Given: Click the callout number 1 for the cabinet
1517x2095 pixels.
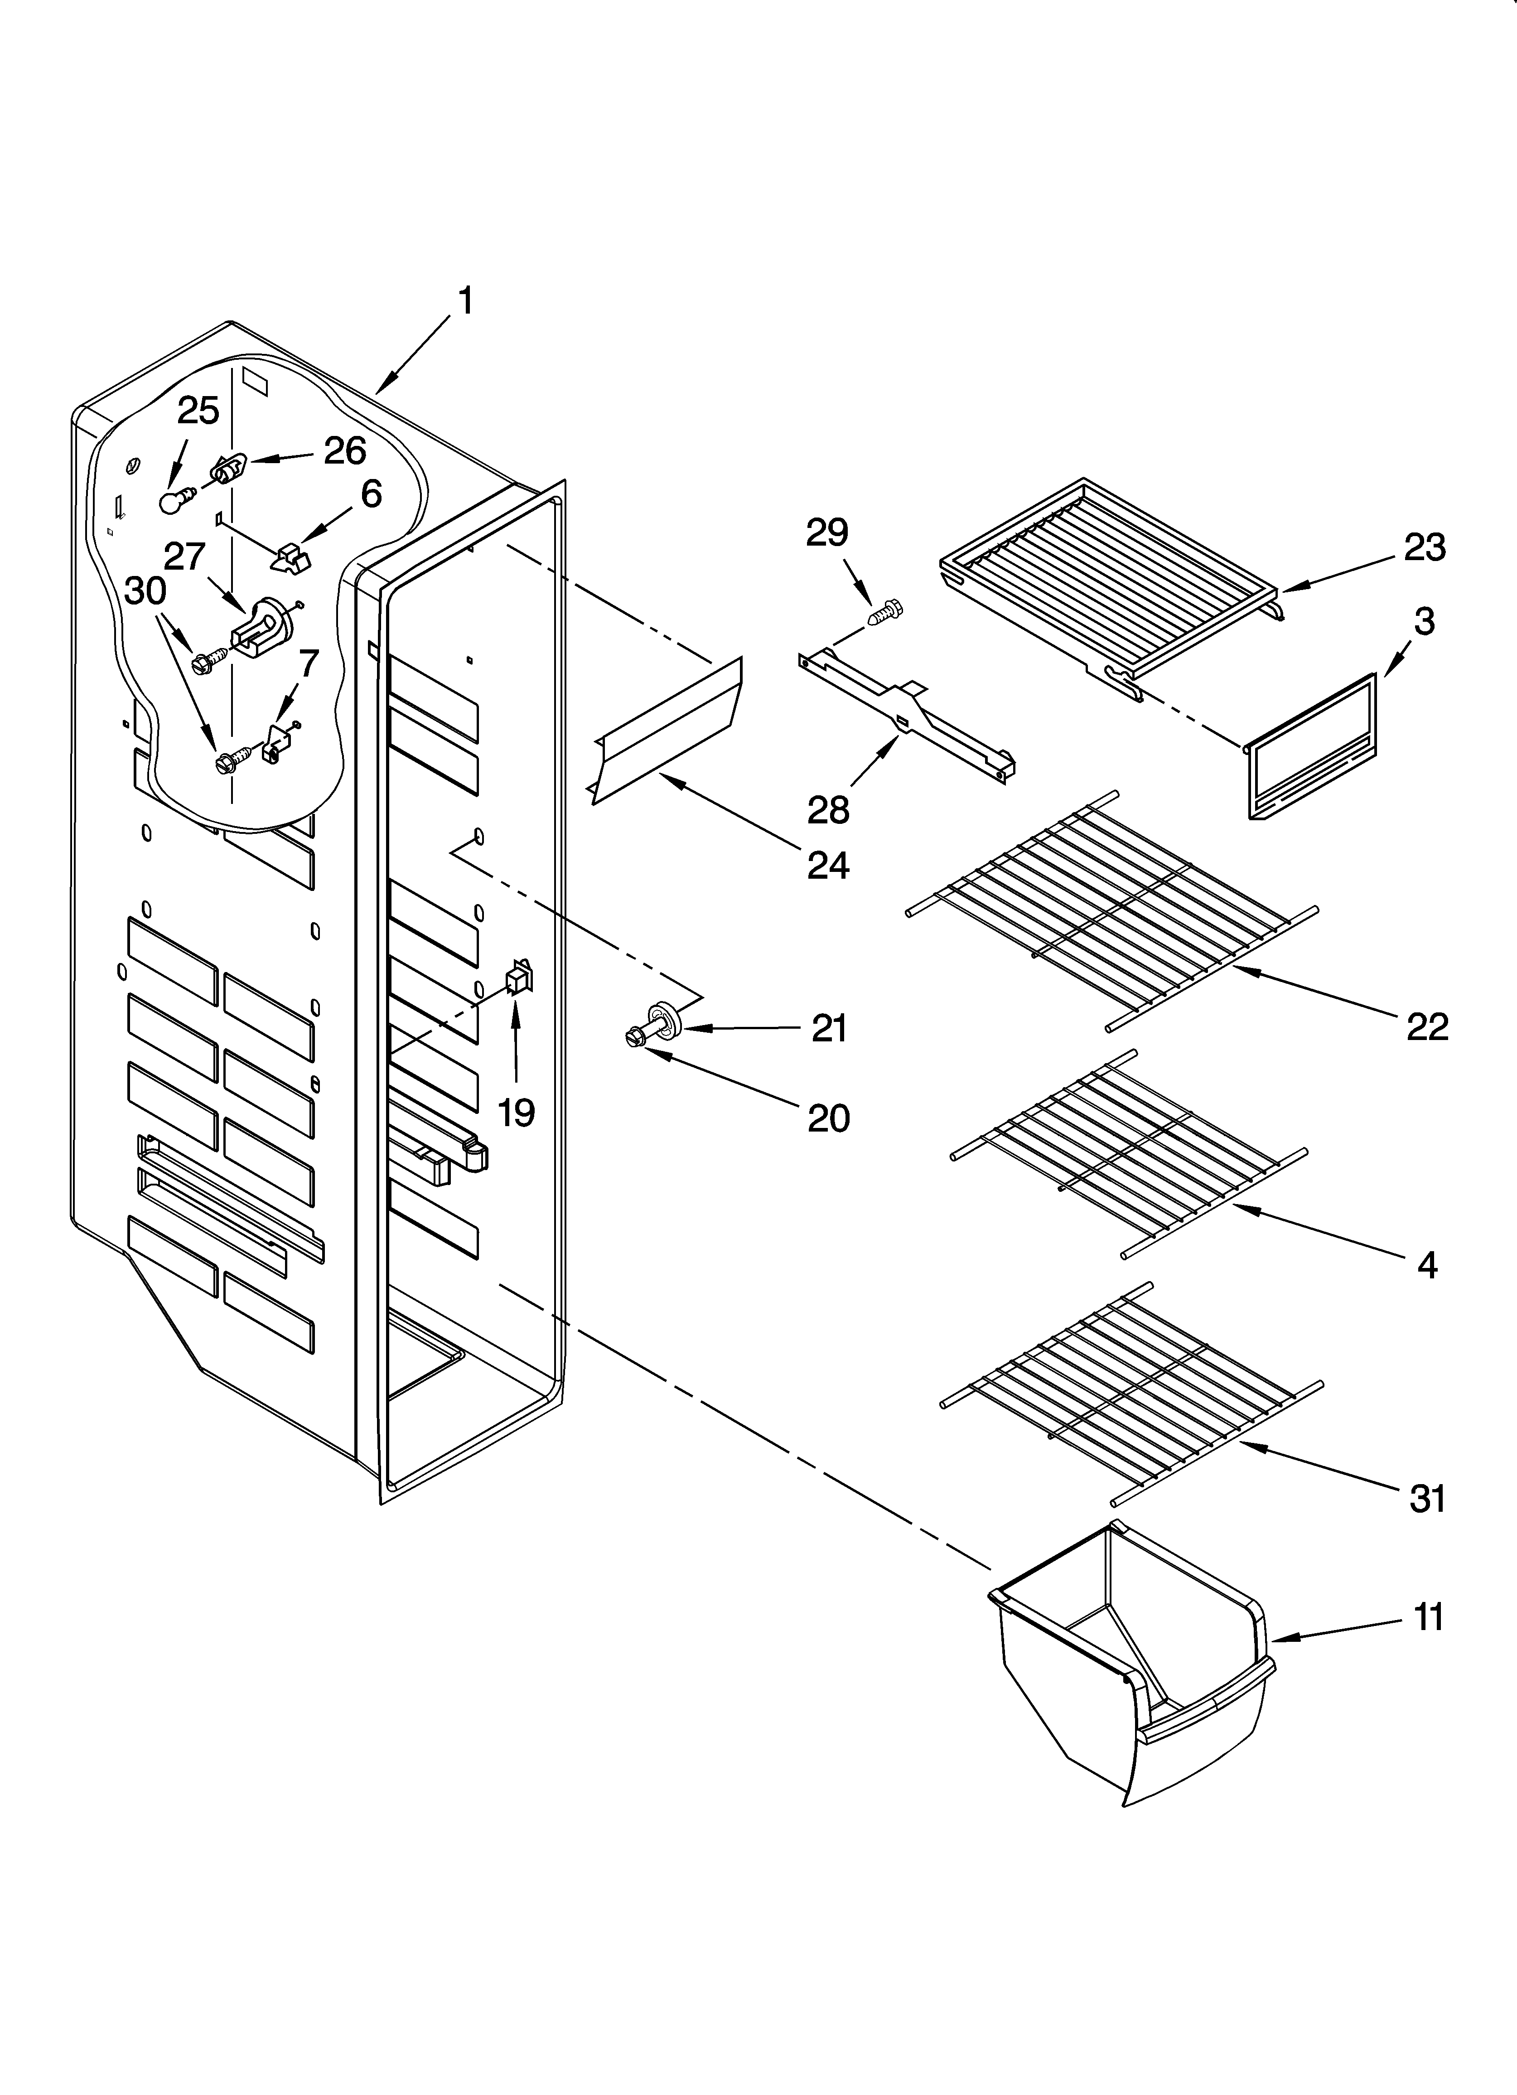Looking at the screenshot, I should tap(467, 301).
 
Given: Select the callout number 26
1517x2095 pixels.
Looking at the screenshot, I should tap(345, 451).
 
